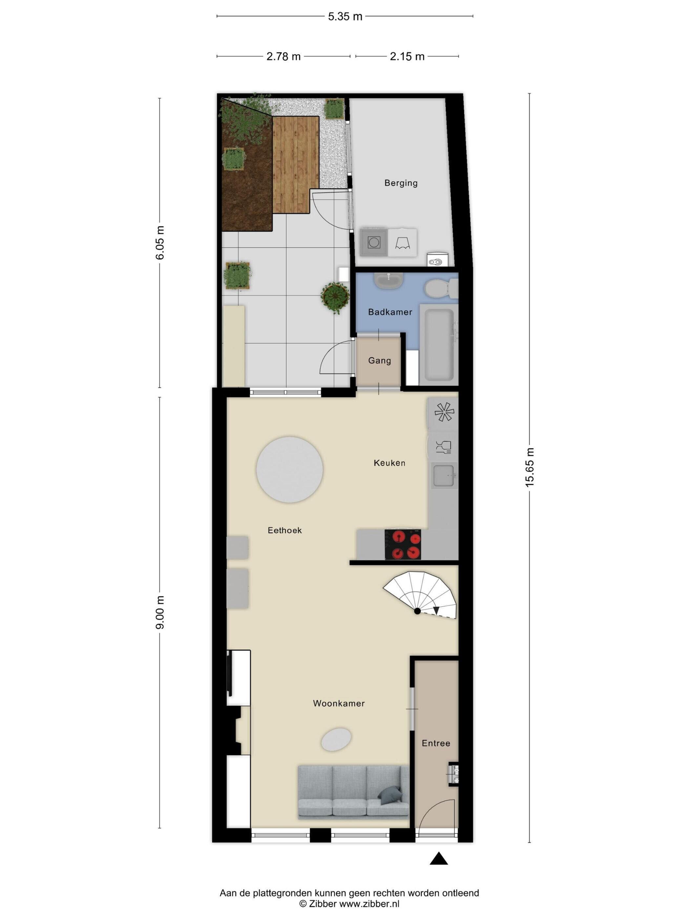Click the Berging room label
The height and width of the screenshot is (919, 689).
[401, 183]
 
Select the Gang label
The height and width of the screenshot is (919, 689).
[380, 361]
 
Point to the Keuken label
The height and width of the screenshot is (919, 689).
[389, 463]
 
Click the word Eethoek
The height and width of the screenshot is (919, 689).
[284, 530]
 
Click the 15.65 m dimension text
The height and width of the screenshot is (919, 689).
[529, 467]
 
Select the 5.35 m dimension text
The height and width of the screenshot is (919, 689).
[345, 17]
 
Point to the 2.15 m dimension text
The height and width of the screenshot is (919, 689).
[407, 56]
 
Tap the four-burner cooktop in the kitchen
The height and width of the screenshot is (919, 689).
[403, 544]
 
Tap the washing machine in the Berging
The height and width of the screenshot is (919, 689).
[374, 242]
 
